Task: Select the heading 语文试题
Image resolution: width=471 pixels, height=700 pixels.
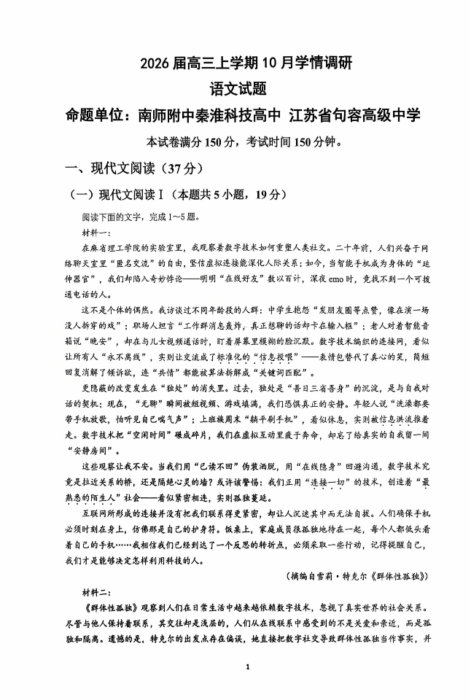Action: click(235, 89)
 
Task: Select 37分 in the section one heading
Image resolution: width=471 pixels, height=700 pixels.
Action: click(176, 168)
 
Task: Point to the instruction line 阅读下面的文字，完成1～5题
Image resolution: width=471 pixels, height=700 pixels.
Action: click(140, 217)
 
